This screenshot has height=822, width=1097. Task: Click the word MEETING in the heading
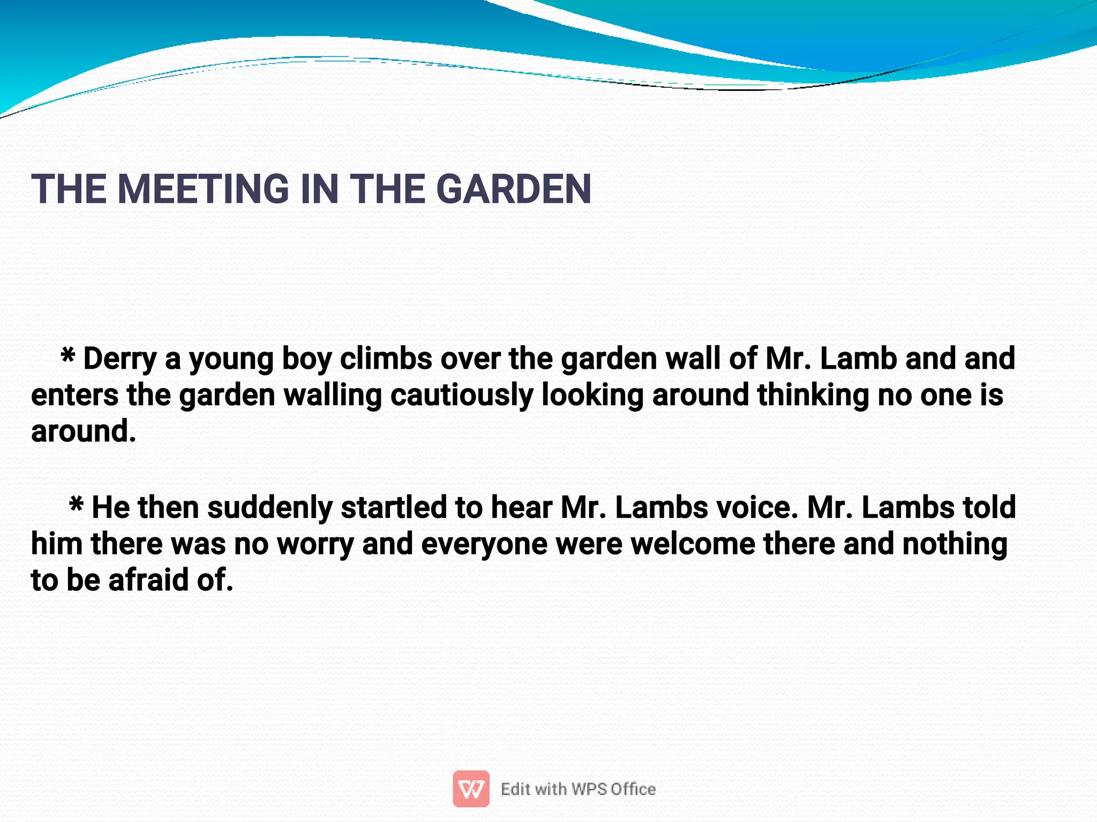pos(203,189)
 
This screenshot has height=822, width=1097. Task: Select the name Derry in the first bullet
pos(119,359)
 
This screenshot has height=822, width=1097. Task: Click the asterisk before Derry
pos(67,355)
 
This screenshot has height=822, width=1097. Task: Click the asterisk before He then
pos(76,504)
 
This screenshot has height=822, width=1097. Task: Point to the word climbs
pos(386,359)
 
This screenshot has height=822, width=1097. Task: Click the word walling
pos(332,395)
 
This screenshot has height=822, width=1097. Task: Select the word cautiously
pos(462,395)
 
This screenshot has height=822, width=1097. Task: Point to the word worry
pos(315,544)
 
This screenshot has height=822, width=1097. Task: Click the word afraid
pos(148,580)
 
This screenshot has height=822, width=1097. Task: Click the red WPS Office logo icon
pos(471,788)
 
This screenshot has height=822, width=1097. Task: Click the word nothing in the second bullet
pos(955,544)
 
